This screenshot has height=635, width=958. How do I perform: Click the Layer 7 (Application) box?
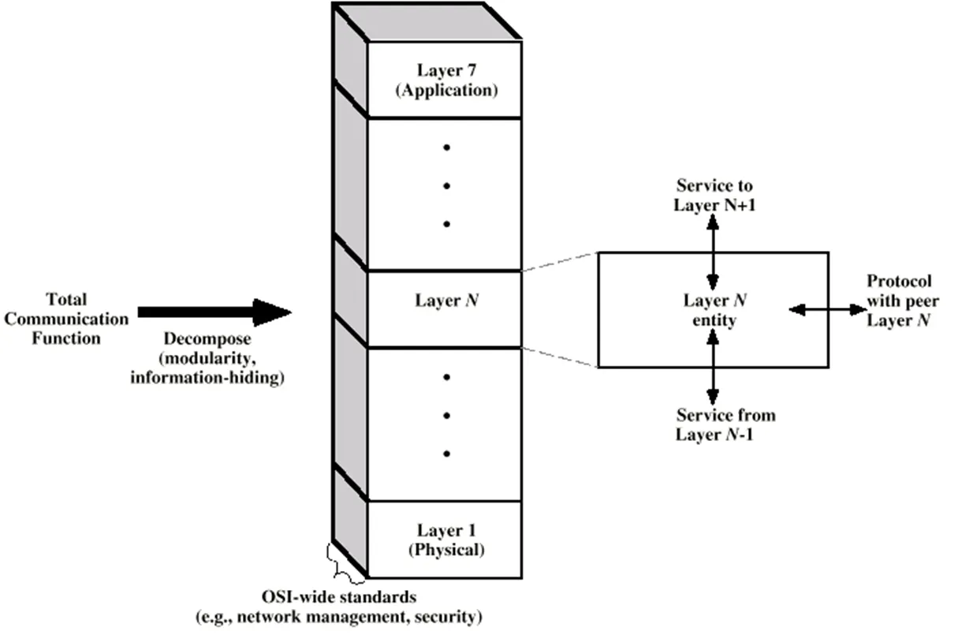446,80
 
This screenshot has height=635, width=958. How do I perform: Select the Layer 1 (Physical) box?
446,539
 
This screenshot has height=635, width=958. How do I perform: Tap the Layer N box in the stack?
446,301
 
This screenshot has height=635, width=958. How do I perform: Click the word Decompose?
207,339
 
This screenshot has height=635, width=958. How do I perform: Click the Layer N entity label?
710,310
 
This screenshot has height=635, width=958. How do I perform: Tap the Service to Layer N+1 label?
714,195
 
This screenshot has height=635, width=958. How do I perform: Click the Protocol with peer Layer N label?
900,301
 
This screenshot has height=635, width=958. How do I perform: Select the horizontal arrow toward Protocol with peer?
828,311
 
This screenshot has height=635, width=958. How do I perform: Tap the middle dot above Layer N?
446,185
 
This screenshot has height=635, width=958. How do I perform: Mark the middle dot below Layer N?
446,415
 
